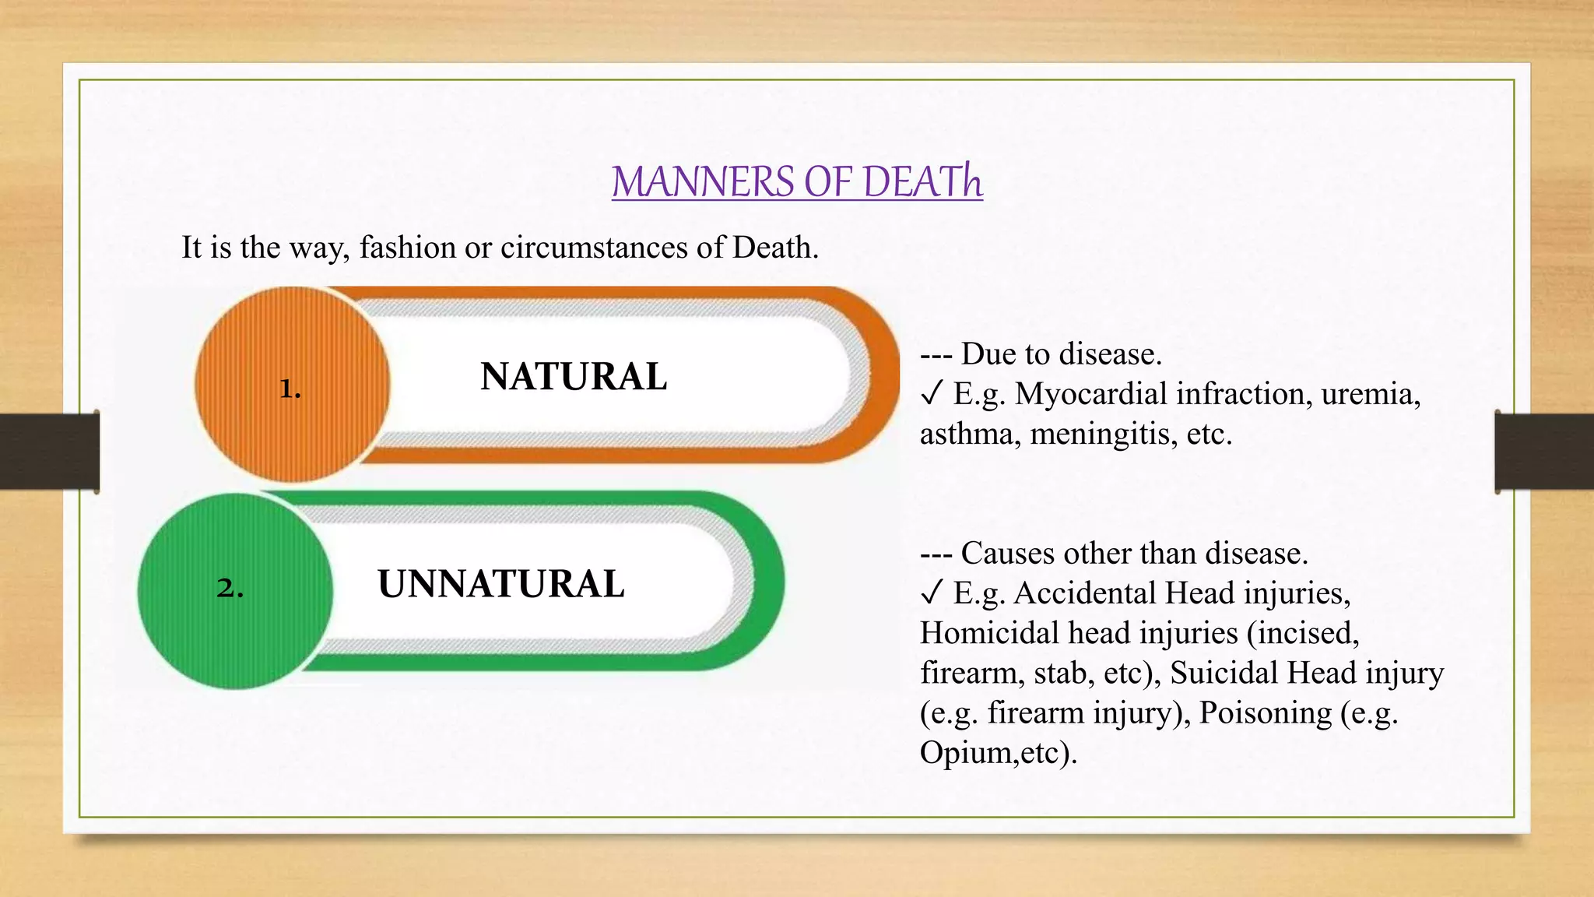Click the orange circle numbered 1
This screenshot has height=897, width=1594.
click(292, 385)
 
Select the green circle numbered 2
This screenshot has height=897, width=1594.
click(234, 590)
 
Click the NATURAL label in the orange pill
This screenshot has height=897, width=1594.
click(574, 377)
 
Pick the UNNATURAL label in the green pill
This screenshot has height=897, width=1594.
click(500, 584)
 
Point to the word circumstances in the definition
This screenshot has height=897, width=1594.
click(594, 248)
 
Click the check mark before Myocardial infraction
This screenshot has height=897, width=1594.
click(932, 394)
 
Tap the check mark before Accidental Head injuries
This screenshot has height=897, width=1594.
click(932, 593)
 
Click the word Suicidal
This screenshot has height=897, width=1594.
click(1224, 673)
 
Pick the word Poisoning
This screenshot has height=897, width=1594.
click(1265, 712)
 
